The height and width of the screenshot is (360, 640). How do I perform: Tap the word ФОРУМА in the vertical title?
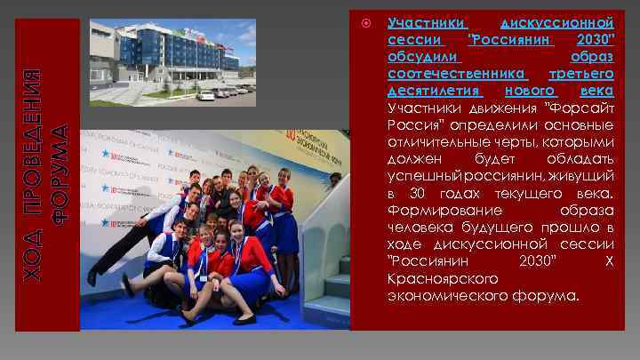tap(60, 172)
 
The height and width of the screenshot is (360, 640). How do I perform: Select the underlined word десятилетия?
tap(436, 91)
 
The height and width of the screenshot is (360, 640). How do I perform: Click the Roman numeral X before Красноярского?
tap(608, 260)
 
